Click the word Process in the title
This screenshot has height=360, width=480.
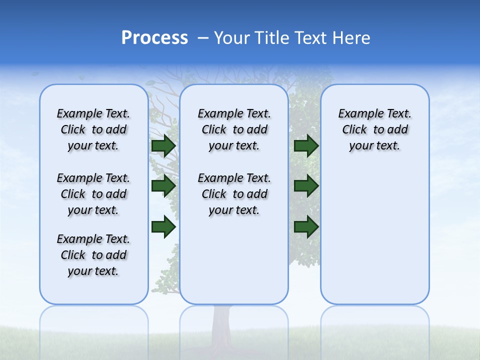154,38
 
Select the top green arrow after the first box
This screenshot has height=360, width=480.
163,146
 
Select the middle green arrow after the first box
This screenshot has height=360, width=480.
163,186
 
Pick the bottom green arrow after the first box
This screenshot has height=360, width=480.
163,227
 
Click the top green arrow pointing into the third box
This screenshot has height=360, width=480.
306,146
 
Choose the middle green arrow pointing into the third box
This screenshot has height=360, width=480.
306,186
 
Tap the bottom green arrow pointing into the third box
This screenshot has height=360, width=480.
306,227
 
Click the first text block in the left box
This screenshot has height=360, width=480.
93,129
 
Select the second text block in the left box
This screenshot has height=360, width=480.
93,194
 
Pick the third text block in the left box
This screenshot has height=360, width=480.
93,255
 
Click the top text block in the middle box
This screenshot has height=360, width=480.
234,129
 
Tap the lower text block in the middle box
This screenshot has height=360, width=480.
234,194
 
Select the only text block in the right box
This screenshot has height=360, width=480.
374,129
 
